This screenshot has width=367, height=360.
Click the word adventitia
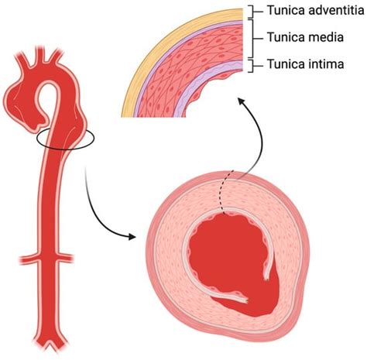(x=328, y=11)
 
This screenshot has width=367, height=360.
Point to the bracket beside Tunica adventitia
(x=252, y=11)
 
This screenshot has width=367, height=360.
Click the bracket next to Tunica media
(x=252, y=36)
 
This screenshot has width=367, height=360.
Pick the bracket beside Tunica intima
(x=252, y=64)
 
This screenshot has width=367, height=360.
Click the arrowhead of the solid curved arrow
(x=141, y=232)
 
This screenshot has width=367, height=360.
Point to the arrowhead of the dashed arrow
(x=239, y=99)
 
